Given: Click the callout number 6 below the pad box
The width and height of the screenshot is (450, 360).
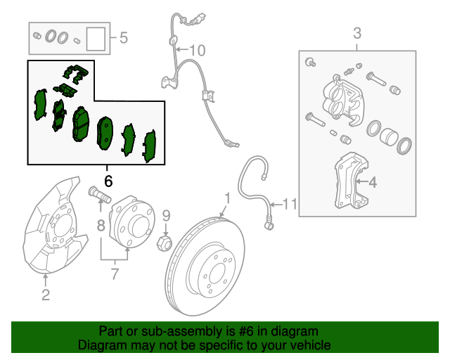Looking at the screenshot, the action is click(x=108, y=181).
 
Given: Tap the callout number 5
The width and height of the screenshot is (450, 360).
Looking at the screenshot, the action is click(x=124, y=37).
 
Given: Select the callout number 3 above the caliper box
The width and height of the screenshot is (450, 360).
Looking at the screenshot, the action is click(x=357, y=33).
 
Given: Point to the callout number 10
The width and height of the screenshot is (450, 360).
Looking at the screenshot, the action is click(x=198, y=50).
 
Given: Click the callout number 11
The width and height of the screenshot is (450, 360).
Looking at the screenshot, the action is click(x=290, y=204).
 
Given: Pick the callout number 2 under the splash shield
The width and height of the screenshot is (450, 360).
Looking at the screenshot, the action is click(x=46, y=295).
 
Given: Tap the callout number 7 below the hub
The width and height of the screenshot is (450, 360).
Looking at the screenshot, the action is click(x=115, y=274).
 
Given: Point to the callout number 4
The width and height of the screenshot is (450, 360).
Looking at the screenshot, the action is click(x=373, y=182).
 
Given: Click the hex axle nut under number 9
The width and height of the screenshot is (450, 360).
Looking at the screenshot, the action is click(x=164, y=243).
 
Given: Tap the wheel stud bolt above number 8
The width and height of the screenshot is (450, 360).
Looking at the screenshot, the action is click(x=100, y=194).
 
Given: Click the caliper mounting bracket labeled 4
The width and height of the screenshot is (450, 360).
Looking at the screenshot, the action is click(x=352, y=180).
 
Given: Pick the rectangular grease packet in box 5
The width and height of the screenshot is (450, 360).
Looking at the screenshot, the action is click(x=96, y=39).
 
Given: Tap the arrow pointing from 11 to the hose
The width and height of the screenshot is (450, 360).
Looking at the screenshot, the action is click(x=276, y=205).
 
